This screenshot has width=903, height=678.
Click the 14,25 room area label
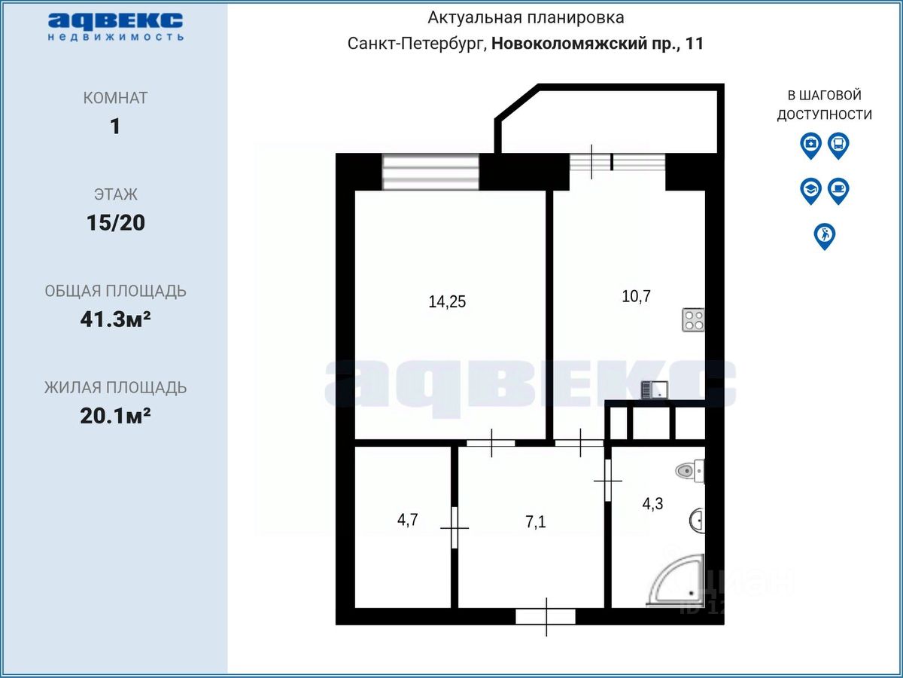click(447, 302)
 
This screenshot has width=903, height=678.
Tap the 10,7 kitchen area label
click(636, 296)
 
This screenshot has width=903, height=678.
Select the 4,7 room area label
click(407, 520)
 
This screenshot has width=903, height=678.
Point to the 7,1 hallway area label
click(536, 522)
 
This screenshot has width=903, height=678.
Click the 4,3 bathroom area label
click(652, 504)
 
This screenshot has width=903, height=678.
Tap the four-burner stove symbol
click(693, 320)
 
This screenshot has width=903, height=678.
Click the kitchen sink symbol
click(655, 389)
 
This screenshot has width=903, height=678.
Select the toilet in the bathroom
click(690, 471)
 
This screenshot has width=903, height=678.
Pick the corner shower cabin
click(676, 580)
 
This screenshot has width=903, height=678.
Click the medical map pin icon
click(810, 145)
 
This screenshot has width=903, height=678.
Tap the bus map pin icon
click(838, 145)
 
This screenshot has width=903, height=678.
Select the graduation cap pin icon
click(810, 191)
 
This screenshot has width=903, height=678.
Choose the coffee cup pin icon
click(838, 191)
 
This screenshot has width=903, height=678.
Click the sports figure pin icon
click(825, 237)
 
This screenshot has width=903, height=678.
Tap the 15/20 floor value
click(116, 223)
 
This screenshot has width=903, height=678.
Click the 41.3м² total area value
click(116, 319)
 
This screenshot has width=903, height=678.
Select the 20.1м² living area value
click(116, 416)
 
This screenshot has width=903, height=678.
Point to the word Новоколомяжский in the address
click(570, 43)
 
